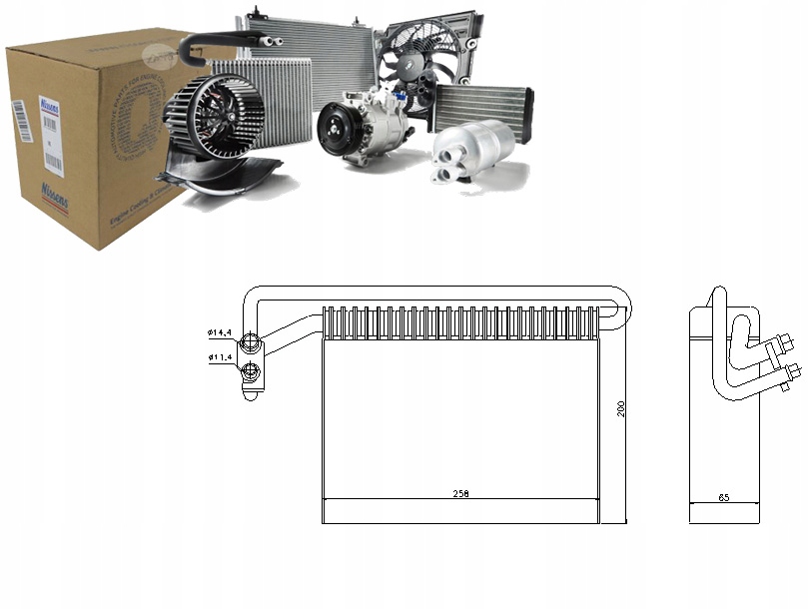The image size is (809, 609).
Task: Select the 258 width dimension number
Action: click(x=460, y=493)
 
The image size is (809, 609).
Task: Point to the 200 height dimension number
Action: click(x=620, y=409)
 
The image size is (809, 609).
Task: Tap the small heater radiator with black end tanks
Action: click(x=482, y=106)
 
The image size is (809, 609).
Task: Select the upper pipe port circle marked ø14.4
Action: click(x=252, y=341)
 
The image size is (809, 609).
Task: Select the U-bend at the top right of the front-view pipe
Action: click(x=620, y=303)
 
